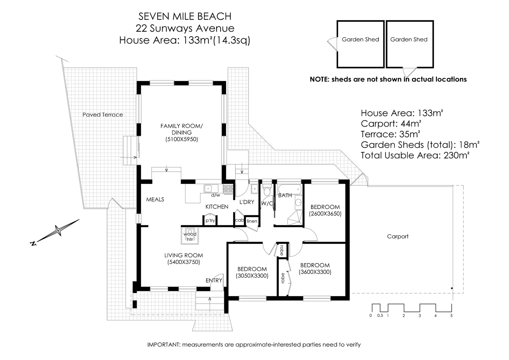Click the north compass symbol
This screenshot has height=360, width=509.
pos(59,231)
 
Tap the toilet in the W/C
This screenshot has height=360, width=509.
pos(266,191)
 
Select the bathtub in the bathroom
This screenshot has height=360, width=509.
pos(289,189)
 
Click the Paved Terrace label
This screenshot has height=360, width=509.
pos(103,115)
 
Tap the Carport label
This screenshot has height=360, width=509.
pos(398,236)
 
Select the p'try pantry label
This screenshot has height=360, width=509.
pos(210,220)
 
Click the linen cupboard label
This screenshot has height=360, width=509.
pos(252,221)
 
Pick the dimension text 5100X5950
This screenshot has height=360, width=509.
pos(182,139)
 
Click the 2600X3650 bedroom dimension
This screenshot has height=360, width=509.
pos(325,214)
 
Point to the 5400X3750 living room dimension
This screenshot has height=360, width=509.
pos(184,262)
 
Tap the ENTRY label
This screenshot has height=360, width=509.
pos(214,280)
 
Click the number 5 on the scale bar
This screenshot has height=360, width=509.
pos(451,315)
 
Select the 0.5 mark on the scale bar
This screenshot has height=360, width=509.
pos(380,315)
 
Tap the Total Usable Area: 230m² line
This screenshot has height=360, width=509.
pos(415,155)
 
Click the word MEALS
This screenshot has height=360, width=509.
pos(155,199)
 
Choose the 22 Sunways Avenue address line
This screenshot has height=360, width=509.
pos(185,28)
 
